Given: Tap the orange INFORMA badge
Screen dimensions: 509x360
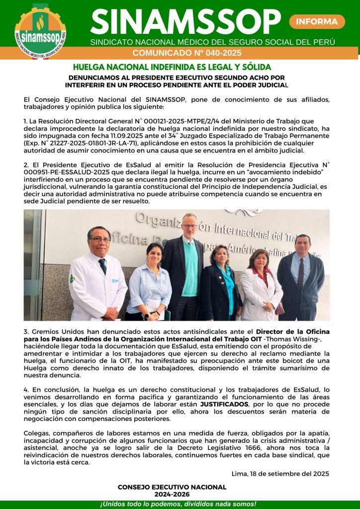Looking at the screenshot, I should pyautogui.click(x=317, y=21).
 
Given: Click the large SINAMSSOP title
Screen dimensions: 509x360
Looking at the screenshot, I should pyautogui.click(x=185, y=21).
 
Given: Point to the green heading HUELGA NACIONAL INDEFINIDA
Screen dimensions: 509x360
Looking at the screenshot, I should pyautogui.click(x=172, y=67).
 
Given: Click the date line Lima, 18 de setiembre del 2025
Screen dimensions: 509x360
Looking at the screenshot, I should pyautogui.click(x=280, y=473).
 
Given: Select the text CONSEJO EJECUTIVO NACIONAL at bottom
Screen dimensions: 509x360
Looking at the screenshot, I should pyautogui.click(x=172, y=487).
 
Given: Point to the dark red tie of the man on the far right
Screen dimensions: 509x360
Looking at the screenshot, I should pyautogui.click(x=301, y=274).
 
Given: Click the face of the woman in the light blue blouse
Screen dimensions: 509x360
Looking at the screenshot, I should pyautogui.click(x=155, y=253).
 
